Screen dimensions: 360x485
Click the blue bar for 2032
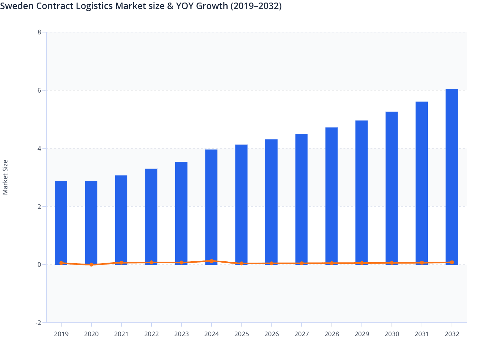coord(452,177)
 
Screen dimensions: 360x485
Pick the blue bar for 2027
coord(301,199)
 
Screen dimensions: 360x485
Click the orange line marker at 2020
coord(91,265)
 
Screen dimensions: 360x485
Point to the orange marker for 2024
coord(211,261)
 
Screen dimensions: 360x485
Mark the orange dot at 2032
coord(452,262)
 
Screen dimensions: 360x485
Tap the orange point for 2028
coord(332,263)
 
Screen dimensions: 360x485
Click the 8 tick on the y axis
coord(39,32)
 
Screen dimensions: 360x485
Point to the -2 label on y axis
coord(38,323)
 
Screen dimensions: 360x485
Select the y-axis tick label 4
coord(39,148)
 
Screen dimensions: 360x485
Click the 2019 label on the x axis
coord(61,334)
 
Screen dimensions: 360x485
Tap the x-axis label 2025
coord(242,334)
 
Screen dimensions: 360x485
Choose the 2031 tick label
coord(422,334)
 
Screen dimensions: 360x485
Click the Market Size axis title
coord(5,177)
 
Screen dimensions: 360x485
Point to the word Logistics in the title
coord(94,6)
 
